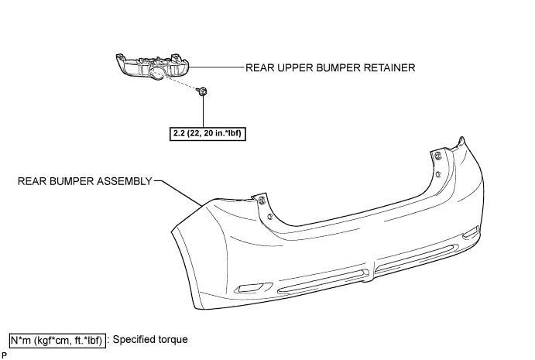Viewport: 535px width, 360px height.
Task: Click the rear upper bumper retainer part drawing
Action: pyautogui.click(x=153, y=67)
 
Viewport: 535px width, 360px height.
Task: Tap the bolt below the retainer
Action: pyautogui.click(x=202, y=91)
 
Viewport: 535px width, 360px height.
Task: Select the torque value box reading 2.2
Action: pyautogui.click(x=207, y=133)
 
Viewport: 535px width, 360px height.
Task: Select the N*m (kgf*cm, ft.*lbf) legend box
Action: pyautogui.click(x=57, y=341)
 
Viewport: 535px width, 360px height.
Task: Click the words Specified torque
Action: pyautogui.click(x=150, y=340)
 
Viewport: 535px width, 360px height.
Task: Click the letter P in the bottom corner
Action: pyautogui.click(x=4, y=355)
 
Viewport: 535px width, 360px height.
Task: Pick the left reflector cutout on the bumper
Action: pyautogui.click(x=252, y=288)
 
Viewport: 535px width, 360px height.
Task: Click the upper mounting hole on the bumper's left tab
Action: pyautogui.click(x=262, y=201)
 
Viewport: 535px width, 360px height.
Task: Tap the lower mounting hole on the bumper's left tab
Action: pyautogui.click(x=270, y=216)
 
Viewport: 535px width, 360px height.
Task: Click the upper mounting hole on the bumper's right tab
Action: pyautogui.click(x=438, y=156)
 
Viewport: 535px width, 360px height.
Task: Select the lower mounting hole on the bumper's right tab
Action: pyautogui.click(x=438, y=175)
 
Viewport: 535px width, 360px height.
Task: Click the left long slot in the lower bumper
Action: pyautogui.click(x=324, y=282)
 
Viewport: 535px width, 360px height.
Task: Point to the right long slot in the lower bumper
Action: pyautogui.click(x=417, y=259)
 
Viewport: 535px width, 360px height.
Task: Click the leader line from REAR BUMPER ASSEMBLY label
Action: pyautogui.click(x=178, y=193)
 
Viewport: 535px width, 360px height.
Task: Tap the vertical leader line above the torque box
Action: pyautogui.click(x=204, y=111)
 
